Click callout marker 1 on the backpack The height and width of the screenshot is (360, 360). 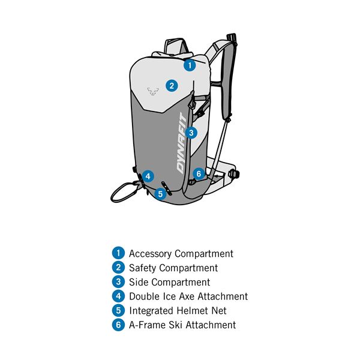190,65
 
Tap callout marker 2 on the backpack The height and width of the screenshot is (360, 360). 172,86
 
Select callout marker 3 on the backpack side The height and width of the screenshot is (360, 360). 191,133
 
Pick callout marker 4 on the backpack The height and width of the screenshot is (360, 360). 148,176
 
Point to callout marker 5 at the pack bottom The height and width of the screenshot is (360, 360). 160,194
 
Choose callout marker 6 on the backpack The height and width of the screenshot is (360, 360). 199,174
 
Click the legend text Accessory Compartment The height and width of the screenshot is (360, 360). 181,254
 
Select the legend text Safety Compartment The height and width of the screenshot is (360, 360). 173,268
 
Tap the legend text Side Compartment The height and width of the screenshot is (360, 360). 169,282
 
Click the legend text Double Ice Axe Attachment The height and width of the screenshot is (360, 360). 188,296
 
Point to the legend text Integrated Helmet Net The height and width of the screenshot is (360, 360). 178,311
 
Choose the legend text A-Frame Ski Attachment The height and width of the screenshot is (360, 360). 182,325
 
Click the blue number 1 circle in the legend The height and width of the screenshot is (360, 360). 118,253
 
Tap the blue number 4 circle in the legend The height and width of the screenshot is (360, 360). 118,296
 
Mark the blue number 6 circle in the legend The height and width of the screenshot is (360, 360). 118,325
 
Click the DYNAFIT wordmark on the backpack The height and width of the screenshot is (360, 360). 182,143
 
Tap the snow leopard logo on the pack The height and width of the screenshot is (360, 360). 153,91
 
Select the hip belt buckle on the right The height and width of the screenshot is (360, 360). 234,173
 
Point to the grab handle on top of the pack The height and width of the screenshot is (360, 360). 176,46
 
